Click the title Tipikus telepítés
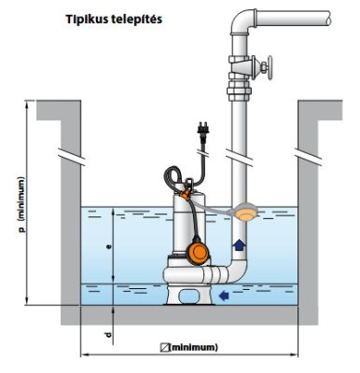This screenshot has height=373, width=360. (x=114, y=20)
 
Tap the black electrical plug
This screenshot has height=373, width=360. (x=203, y=130)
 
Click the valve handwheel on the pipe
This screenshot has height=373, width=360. (x=268, y=67)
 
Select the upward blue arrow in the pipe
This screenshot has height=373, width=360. (x=239, y=245)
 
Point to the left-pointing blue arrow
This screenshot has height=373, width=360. (x=224, y=296)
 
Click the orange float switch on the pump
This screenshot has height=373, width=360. (x=197, y=253)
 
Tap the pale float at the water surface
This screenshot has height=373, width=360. (x=246, y=212)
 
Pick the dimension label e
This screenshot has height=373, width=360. (x=108, y=247)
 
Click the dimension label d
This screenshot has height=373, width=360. (x=108, y=335)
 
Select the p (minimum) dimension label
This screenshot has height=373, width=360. (x=21, y=205)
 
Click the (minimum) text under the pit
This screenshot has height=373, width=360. (x=193, y=347)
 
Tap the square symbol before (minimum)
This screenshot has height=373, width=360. (x=164, y=347)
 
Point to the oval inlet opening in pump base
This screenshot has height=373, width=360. (x=189, y=296)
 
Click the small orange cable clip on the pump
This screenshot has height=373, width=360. (x=186, y=195)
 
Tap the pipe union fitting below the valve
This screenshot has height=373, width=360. (x=239, y=90)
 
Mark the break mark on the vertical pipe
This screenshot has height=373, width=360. (x=239, y=156)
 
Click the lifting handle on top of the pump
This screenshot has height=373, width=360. (x=189, y=183)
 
